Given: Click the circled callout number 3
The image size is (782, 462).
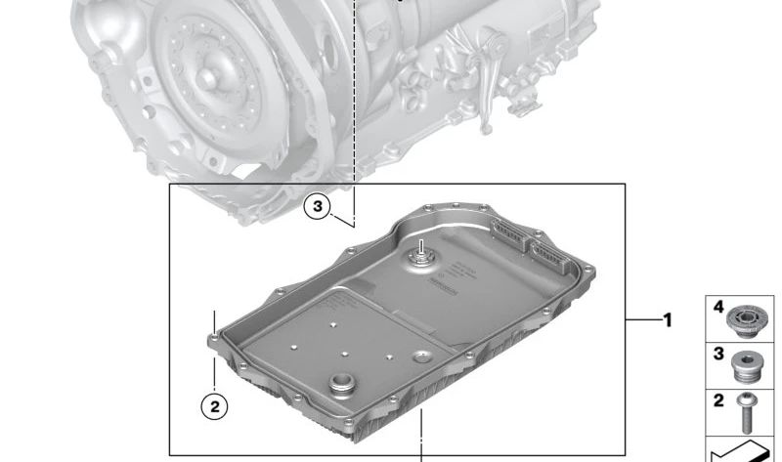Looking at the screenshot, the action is [x=318, y=206].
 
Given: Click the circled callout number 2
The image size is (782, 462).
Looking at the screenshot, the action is [x=214, y=406].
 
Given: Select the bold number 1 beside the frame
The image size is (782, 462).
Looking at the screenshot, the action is [x=668, y=320].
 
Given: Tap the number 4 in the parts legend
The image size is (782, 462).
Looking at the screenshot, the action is [x=718, y=307].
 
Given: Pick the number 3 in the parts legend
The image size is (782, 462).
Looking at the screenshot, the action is [x=718, y=354].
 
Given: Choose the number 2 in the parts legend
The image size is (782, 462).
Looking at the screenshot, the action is [x=718, y=399].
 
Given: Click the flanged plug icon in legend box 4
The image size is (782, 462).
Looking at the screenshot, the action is [x=746, y=320].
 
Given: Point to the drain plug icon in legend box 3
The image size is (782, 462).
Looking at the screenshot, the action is [x=746, y=367].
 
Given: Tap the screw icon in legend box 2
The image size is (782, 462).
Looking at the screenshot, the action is [x=747, y=413].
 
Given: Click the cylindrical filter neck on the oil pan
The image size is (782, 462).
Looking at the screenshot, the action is [x=342, y=384].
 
